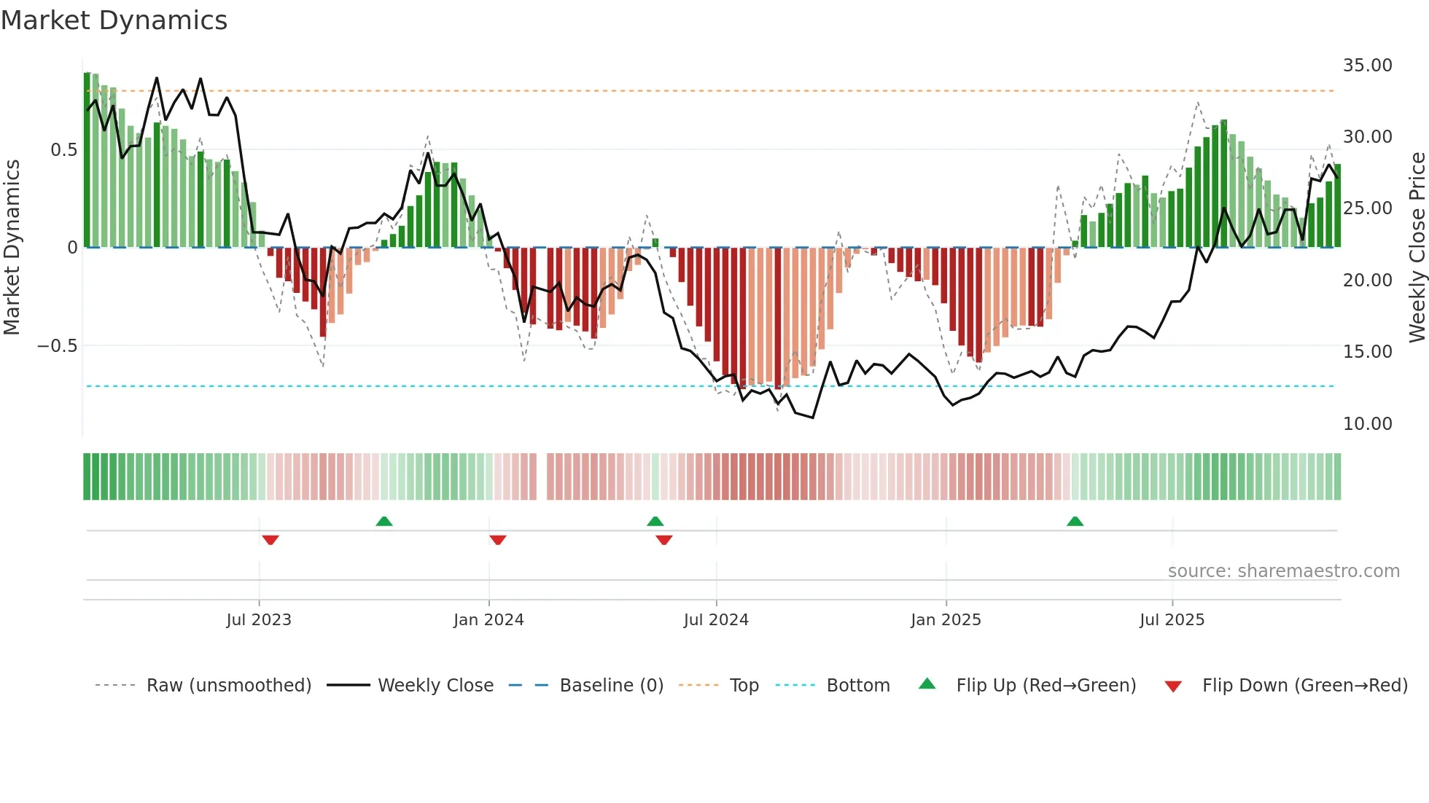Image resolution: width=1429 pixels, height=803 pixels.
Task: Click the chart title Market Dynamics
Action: [x=114, y=20]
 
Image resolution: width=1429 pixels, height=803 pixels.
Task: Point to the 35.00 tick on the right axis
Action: [x=1367, y=66]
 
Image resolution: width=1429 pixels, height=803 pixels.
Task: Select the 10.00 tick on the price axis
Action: [x=1367, y=423]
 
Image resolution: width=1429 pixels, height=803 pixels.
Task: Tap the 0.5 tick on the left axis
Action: [x=63, y=150]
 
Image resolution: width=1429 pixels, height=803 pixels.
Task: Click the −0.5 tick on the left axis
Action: [x=58, y=346]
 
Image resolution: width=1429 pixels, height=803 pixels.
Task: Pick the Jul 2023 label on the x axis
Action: [x=259, y=620]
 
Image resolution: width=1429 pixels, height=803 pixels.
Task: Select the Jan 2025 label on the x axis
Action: [x=946, y=620]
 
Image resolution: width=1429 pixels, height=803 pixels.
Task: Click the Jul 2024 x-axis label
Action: [x=716, y=620]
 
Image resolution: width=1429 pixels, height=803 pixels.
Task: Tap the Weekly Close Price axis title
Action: [x=1417, y=248]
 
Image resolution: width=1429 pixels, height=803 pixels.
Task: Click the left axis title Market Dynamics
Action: [x=12, y=248]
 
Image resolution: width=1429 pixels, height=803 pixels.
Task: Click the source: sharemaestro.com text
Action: [x=1283, y=571]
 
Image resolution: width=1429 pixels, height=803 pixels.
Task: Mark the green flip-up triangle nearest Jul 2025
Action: [x=1075, y=521]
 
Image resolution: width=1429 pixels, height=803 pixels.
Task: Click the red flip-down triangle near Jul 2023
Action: [x=270, y=540]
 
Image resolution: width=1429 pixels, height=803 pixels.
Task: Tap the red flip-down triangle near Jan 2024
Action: [x=498, y=540]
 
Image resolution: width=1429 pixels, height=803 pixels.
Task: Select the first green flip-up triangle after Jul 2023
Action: [x=384, y=521]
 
